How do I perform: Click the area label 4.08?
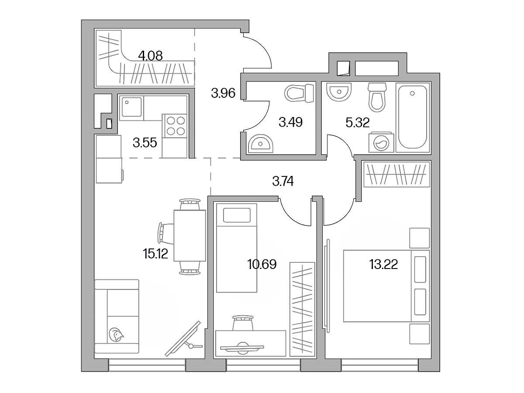(150, 56)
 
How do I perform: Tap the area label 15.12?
(155, 253)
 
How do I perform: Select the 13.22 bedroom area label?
(383, 264)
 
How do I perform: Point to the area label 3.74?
(283, 181)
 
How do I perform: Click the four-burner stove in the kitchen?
(176, 126)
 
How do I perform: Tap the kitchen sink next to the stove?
(131, 106)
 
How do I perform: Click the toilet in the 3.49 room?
(299, 93)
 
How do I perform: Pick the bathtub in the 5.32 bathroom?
(413, 117)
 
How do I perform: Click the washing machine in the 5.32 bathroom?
(381, 142)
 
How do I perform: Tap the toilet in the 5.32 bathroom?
(377, 97)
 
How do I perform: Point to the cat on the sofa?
(116, 335)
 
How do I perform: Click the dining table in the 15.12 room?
(190, 235)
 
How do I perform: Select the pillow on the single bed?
(237, 215)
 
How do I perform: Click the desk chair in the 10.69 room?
(243, 323)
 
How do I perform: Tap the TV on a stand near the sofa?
(183, 338)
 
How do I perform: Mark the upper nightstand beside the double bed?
(420, 238)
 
